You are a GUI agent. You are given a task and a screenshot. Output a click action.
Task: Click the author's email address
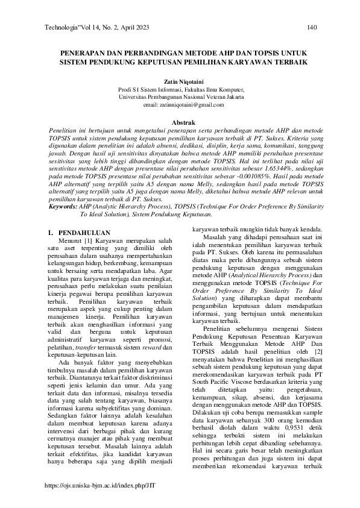181,104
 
